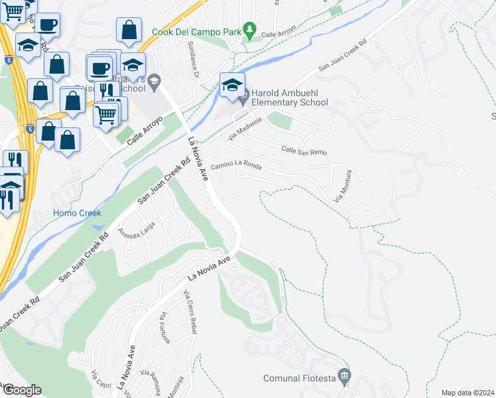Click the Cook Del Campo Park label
click(x=197, y=31)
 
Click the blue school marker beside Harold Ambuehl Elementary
click(x=232, y=86)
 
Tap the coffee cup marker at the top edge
click(x=47, y=25)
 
